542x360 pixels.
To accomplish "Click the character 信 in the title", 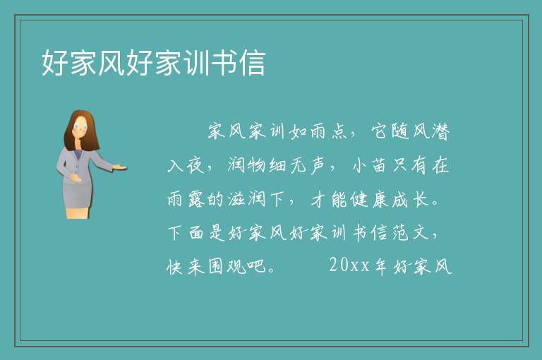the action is coord(253,63).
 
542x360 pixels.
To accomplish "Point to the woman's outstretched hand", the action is coord(119,168).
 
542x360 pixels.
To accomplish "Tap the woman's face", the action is coord(80,127).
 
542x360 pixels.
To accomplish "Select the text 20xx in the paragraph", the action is coord(349,265).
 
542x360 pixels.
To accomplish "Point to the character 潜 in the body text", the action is coord(440,131).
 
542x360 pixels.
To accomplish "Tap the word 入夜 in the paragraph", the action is coord(186,165).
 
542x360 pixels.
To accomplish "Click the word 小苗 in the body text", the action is coord(369,165).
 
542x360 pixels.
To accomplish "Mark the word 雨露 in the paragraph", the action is coord(186,199).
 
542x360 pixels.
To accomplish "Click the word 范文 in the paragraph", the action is coord(410,232).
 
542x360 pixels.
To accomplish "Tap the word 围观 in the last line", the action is coord(227,266).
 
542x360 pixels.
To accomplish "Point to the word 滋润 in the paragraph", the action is coord(247,199).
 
